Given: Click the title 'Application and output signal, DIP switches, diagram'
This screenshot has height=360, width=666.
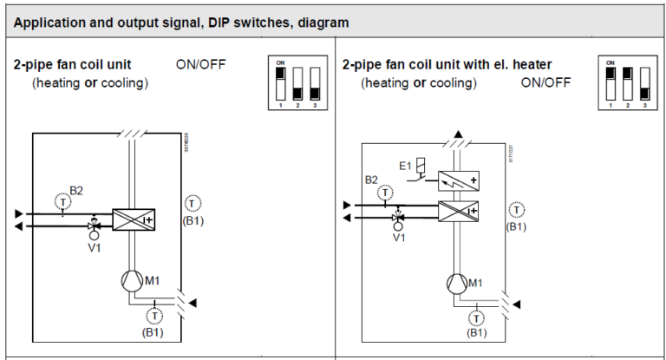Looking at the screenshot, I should tap(182, 23).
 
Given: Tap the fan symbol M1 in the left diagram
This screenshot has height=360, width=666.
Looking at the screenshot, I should tap(131, 279).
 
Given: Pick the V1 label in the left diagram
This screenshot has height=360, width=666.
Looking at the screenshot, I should tap(95, 247).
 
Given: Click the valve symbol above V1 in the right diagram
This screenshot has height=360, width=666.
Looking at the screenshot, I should tap(399, 217).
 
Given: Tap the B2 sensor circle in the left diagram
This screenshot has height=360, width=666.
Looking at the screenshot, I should tap(62, 202).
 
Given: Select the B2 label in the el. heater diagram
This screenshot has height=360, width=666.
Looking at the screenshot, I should tap(371, 180).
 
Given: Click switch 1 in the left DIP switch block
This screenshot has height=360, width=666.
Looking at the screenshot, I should tap(279, 83).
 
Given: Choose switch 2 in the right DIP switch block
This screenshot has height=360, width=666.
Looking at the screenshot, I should tap(626, 83).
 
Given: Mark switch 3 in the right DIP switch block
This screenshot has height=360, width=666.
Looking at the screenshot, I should tap(643, 83).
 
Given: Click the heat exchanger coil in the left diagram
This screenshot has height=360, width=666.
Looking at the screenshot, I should tap(133, 219).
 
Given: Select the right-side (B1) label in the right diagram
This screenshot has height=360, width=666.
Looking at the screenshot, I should tap(516, 226).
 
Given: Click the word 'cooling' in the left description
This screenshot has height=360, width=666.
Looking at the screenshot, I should tap(124, 83).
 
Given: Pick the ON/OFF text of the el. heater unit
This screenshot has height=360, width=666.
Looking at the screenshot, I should tap(545, 83).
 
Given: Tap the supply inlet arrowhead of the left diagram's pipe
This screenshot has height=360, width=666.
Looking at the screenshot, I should tap(19, 213).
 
